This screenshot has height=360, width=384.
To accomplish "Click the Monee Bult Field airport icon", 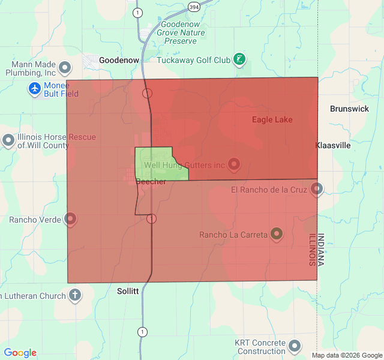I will (x=34, y=89).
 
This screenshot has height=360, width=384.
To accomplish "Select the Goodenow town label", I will (x=119, y=61).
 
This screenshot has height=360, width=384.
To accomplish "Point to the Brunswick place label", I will (x=349, y=109).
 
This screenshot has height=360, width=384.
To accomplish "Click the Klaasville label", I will (x=333, y=145).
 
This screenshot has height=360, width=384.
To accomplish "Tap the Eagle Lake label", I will (x=272, y=120).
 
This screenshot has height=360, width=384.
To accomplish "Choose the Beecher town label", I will (x=151, y=182).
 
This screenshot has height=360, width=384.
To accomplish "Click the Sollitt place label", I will (x=127, y=291).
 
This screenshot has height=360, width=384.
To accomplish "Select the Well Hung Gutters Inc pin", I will (x=234, y=164).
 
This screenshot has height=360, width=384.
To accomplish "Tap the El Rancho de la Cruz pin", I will (x=317, y=190).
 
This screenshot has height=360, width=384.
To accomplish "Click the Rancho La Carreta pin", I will (x=277, y=233).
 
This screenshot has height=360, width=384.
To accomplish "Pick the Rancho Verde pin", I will (x=71, y=219).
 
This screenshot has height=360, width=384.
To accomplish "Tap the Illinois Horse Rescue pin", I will (x=8, y=140).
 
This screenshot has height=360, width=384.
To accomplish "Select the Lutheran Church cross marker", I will (x=75, y=295).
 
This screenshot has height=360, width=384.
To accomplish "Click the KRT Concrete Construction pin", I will (x=295, y=346).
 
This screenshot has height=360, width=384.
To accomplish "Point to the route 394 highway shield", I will (x=193, y=7).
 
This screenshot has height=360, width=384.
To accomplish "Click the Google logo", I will (x=20, y=353).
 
